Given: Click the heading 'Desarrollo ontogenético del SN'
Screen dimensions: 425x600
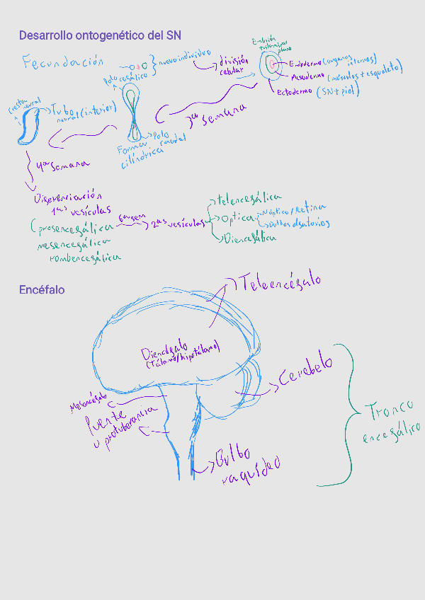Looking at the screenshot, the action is point(100,35).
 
